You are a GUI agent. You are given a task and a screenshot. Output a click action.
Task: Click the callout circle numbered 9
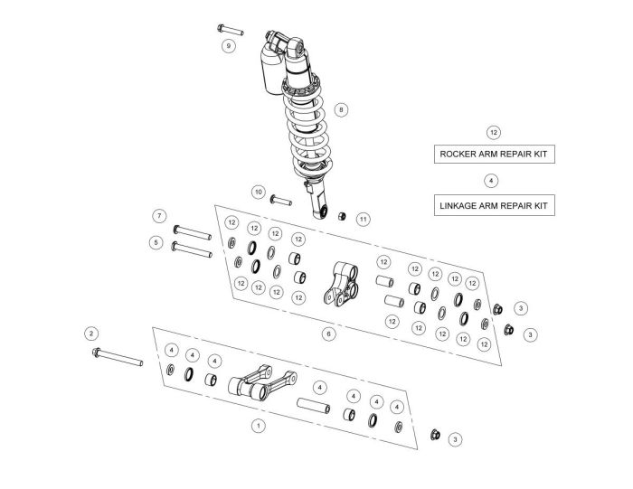coord(229,44)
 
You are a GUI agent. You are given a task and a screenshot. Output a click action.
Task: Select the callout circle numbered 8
coord(340,109)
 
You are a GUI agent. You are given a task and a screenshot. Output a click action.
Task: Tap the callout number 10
coord(258,192)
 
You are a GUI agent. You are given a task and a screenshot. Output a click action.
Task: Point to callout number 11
coord(363,219)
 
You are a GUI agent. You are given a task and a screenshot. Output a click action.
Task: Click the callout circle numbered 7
coord(158,216)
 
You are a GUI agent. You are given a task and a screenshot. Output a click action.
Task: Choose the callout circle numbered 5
coord(156,242)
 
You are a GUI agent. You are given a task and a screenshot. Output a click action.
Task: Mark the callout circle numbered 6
coord(328,334)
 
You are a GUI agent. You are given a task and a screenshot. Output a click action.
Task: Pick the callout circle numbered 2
coord(91,333)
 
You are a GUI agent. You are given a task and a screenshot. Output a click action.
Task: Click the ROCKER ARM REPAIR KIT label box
coord(493,154)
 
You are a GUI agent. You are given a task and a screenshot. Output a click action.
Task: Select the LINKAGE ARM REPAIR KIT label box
coord(493,205)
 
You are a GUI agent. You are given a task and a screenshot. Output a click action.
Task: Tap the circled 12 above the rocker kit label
coord(493,132)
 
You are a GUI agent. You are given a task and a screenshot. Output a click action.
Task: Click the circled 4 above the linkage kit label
coord(490,181)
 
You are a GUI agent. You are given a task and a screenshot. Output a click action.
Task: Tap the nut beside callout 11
coord(342,215)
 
